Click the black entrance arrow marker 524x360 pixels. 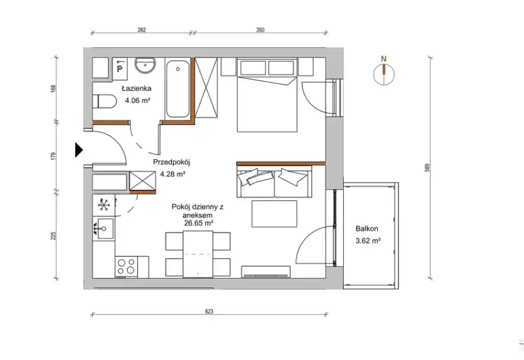(x=78, y=150)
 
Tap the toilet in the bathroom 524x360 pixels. (x=104, y=101)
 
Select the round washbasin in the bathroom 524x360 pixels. (x=145, y=65)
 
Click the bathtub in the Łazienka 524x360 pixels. (x=178, y=89)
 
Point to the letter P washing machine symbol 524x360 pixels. (x=120, y=69)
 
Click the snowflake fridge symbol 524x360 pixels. (x=104, y=205)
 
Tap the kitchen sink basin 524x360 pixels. (x=104, y=229)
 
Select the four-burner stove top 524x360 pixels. (x=126, y=267)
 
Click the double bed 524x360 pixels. (x=267, y=95)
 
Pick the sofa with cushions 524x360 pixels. (x=274, y=182)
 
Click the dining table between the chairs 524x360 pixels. (x=198, y=254)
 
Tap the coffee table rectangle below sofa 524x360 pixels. (x=274, y=214)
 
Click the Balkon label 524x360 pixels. (x=367, y=229)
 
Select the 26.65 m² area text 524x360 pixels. (x=199, y=223)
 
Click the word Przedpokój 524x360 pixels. (x=171, y=163)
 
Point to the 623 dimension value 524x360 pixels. (x=209, y=312)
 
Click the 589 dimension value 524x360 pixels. (x=427, y=167)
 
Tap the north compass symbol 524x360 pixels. (x=384, y=73)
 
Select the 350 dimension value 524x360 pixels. (x=260, y=30)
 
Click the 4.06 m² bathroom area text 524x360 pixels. (x=137, y=100)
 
